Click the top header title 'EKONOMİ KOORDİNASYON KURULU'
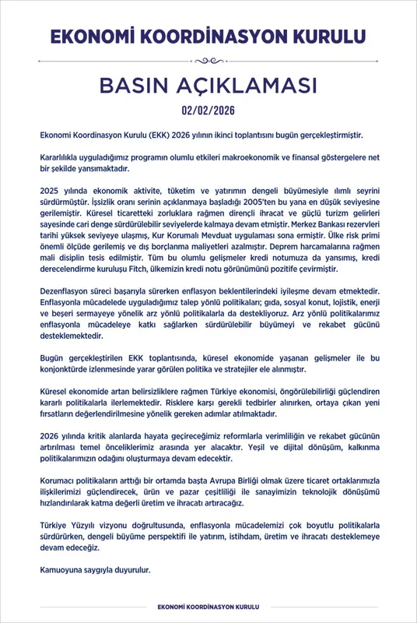click(208, 36)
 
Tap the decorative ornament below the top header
click(208, 60)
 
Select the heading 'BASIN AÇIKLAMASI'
click(208, 84)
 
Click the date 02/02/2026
click(208, 110)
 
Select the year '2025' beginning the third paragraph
click(50, 190)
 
